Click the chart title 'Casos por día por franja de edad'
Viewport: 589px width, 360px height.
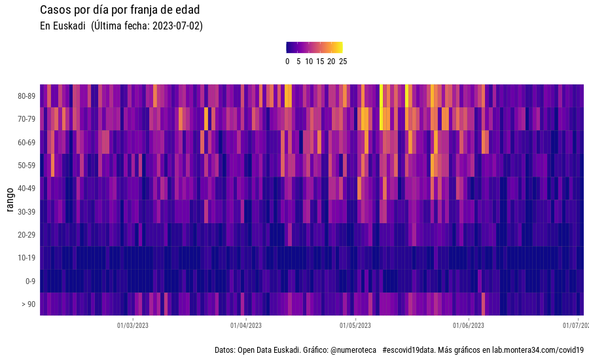[x=120, y=10]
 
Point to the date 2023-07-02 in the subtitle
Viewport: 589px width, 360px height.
[x=177, y=26]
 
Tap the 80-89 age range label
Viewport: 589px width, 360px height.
[x=26, y=96]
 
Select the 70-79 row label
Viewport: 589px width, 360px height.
[x=26, y=119]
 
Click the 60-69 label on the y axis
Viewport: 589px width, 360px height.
[x=26, y=142]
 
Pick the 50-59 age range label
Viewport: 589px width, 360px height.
[x=26, y=166]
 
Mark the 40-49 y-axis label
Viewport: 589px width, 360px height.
[x=26, y=189]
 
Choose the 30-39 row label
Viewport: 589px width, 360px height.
[x=26, y=211]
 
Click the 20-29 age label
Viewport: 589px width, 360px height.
[x=26, y=234]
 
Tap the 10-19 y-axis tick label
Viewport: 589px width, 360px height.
[x=26, y=258]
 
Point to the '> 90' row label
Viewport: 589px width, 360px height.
[x=28, y=304]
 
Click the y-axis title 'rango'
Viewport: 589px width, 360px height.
[x=10, y=200]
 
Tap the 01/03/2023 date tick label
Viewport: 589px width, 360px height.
[x=133, y=325]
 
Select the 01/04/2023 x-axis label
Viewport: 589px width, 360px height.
[x=246, y=325]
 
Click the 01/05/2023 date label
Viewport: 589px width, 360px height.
[x=355, y=325]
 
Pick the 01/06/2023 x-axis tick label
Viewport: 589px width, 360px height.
[x=469, y=325]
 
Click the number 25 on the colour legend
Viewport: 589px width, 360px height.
[x=343, y=62]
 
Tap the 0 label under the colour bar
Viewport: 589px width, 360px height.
[x=287, y=62]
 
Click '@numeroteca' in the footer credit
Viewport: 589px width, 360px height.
[x=353, y=350]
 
